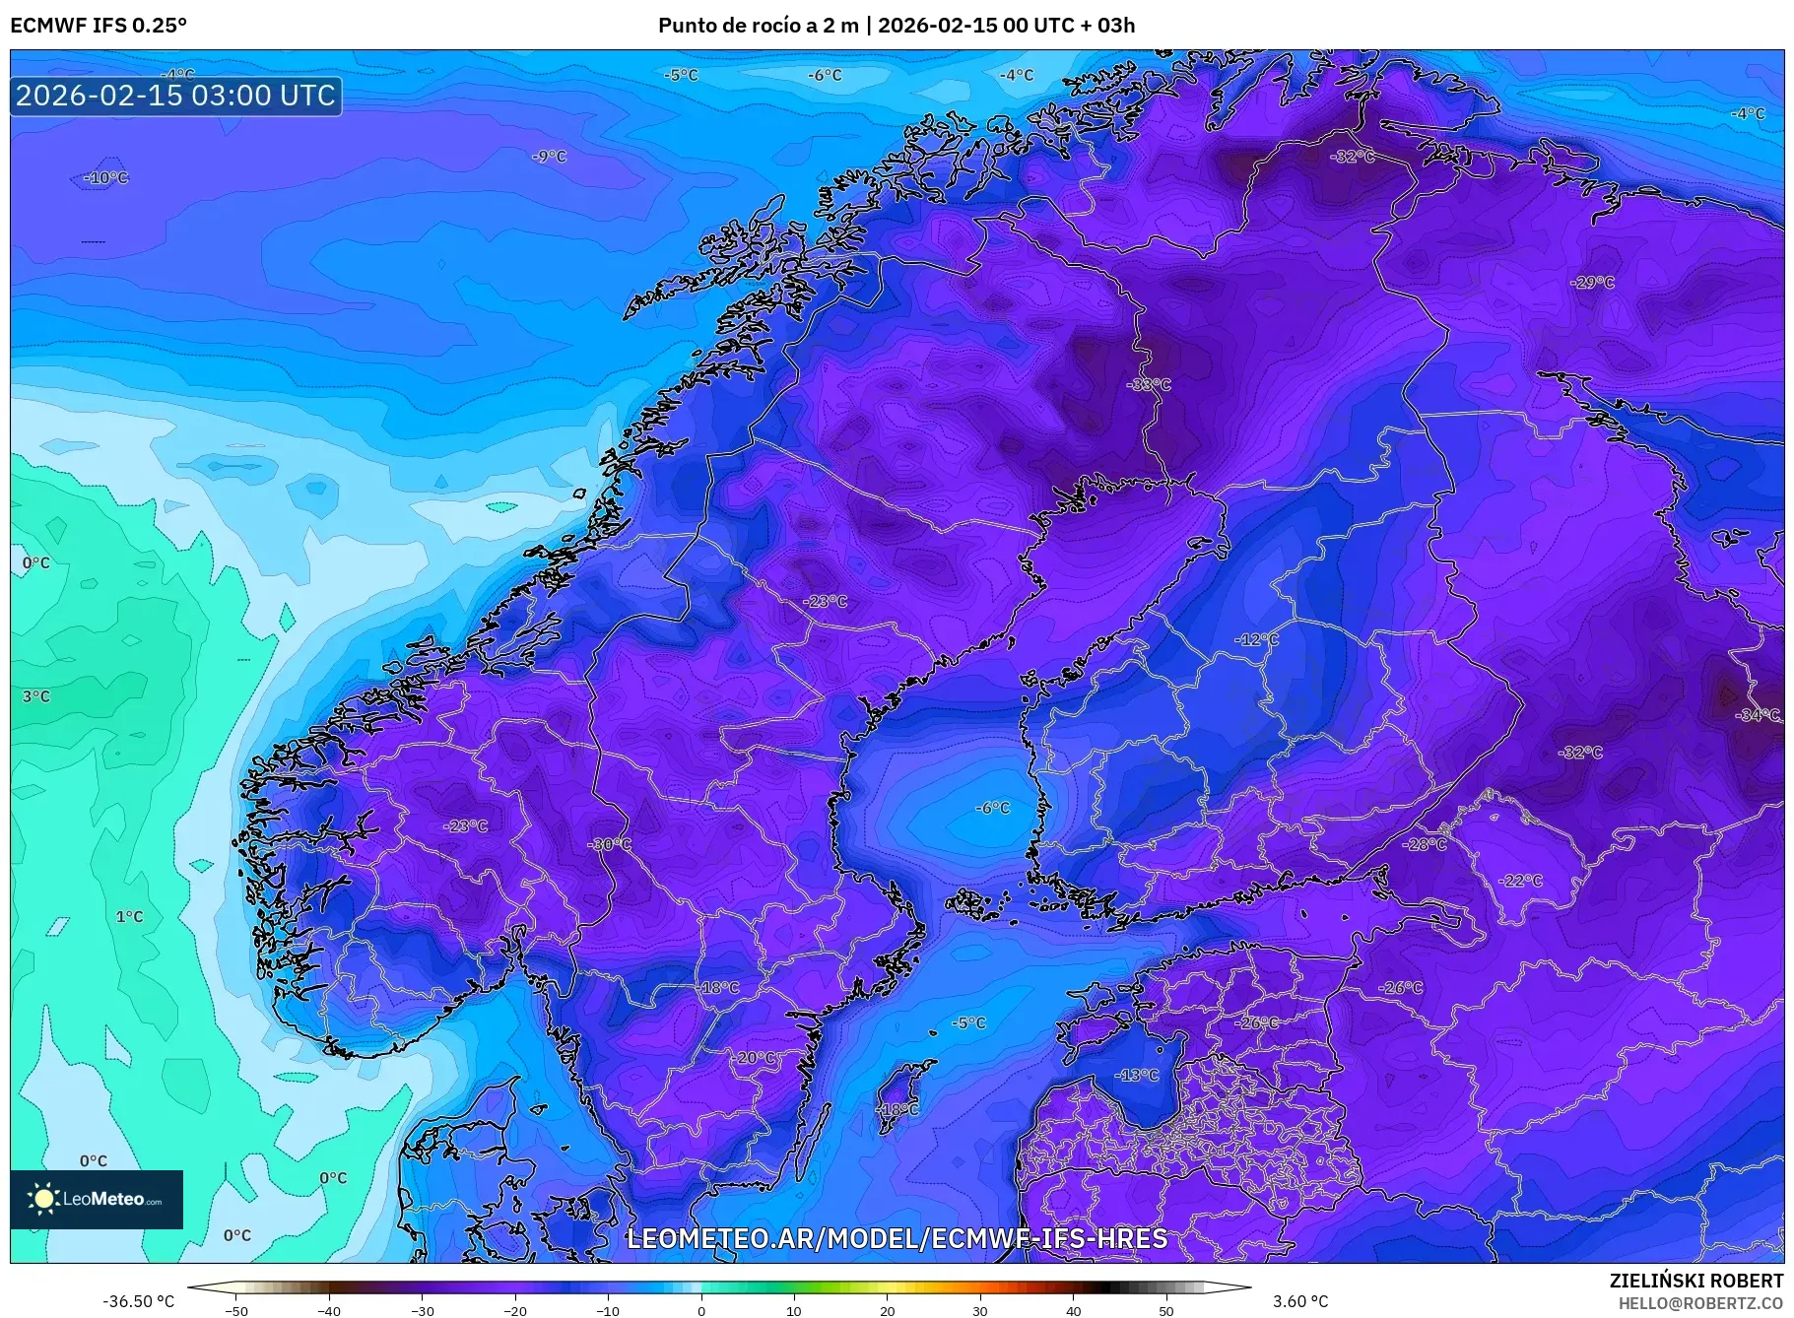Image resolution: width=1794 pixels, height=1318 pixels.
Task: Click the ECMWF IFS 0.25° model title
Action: (x=99, y=25)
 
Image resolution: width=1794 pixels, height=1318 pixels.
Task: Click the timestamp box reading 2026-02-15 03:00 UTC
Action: (x=175, y=96)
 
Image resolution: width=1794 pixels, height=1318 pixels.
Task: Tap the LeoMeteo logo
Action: (x=97, y=1199)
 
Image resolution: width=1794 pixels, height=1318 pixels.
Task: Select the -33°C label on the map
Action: (x=1149, y=384)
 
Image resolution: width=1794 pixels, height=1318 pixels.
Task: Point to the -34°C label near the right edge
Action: (x=1758, y=715)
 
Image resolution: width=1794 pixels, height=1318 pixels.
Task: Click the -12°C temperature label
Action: (x=1257, y=639)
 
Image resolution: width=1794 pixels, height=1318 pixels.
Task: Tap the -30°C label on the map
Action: (x=610, y=844)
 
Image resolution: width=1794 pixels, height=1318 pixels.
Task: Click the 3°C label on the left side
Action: (x=36, y=696)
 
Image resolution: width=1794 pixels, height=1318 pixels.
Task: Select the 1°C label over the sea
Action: (x=130, y=916)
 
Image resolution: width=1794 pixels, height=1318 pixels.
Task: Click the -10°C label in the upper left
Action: (x=106, y=178)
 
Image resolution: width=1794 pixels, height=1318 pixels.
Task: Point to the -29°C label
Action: (x=1593, y=282)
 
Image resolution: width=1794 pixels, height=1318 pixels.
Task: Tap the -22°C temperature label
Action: (x=1520, y=880)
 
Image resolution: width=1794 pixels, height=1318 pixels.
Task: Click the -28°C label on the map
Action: (x=1425, y=844)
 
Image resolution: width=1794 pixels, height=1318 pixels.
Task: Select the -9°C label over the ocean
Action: (x=550, y=157)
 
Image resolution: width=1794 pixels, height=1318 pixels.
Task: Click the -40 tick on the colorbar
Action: (x=329, y=1310)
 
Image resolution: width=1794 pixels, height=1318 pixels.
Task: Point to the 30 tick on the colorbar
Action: (x=980, y=1310)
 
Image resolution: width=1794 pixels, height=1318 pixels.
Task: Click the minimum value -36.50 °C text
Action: (x=139, y=1301)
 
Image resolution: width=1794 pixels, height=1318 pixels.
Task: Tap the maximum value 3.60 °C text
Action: (x=1300, y=1301)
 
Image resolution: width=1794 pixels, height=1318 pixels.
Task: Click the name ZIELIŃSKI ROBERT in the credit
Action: (x=1695, y=1281)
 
